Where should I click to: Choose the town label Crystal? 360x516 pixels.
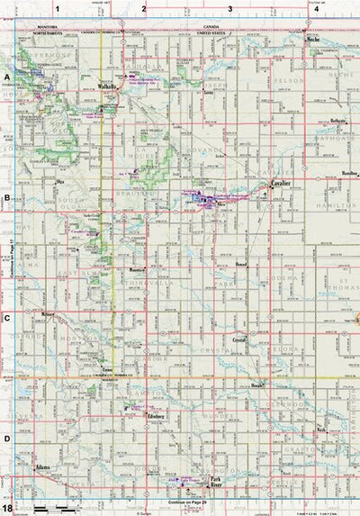pyautogui.click(x=238, y=341)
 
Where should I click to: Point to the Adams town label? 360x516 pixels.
pyautogui.click(x=41, y=468)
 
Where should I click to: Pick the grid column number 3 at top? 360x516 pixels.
pyautogui.click(x=230, y=7)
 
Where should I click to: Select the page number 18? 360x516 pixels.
pyautogui.click(x=7, y=509)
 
